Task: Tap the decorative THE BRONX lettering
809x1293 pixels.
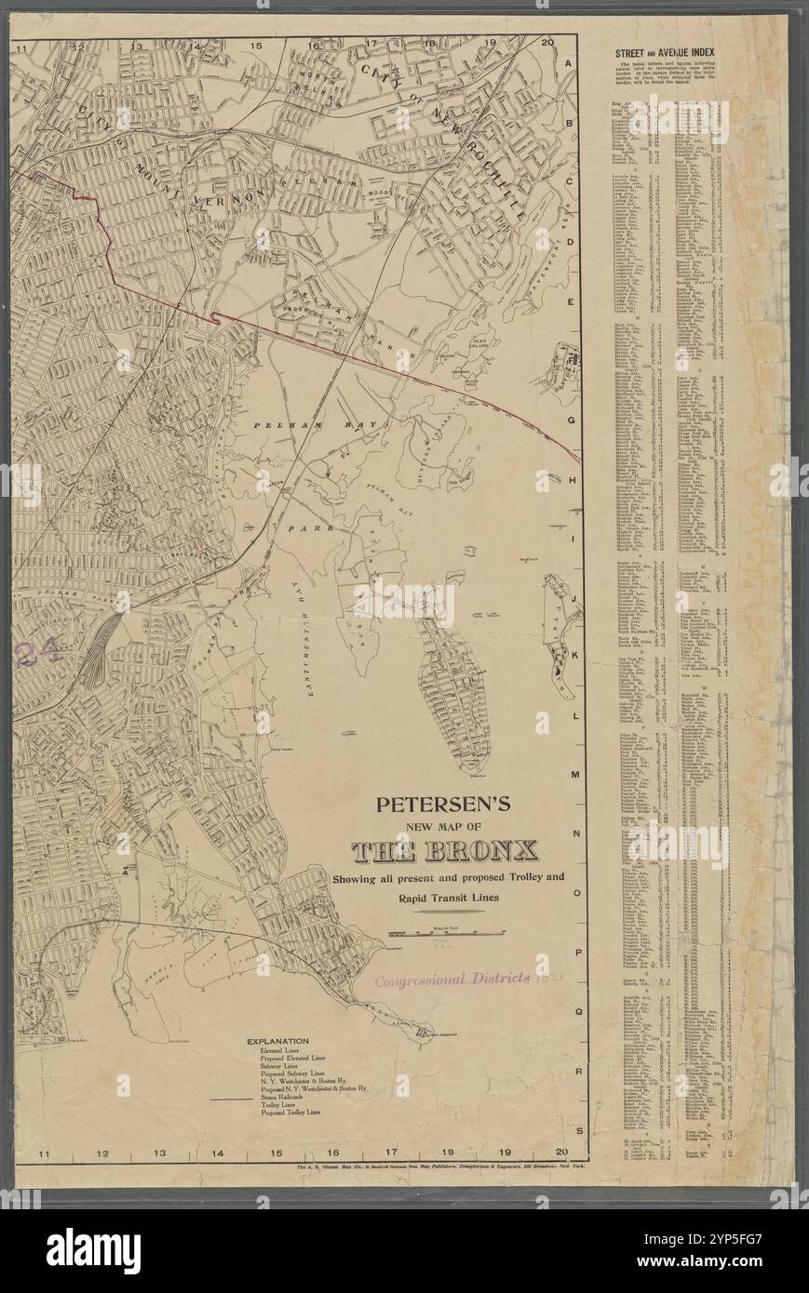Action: (444, 851)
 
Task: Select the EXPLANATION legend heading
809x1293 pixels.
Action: (277, 1041)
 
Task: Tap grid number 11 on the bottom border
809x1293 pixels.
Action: (43, 1153)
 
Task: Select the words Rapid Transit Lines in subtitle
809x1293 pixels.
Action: (449, 899)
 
